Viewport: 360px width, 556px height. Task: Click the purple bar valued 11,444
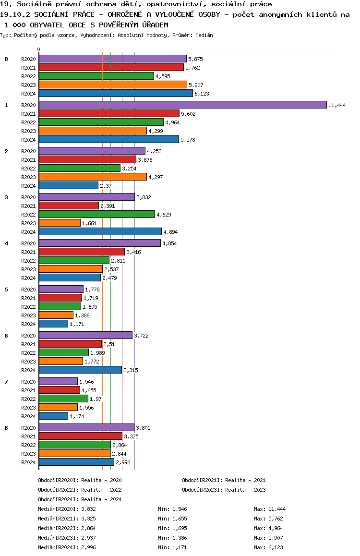pos(182,105)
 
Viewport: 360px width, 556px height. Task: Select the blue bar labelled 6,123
pos(116,93)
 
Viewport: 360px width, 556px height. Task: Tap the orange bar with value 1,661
pos(60,223)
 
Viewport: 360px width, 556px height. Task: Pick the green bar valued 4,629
pos(96,214)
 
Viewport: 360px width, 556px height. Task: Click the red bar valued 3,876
pos(87,159)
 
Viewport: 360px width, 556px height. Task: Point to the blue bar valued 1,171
pos(53,324)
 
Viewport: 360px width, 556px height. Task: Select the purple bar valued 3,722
pos(85,335)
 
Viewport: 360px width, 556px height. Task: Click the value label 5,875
pos(195,59)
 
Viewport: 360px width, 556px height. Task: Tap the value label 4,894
pos(170,232)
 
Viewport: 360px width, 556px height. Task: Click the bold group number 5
pos(6,290)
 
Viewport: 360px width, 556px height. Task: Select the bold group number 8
pos(6,428)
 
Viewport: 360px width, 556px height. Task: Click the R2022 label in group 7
pos(28,399)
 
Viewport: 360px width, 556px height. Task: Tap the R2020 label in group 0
pos(28,59)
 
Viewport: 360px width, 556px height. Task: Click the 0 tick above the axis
pos(39,50)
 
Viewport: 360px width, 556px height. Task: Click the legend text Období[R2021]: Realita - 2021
pos(224,480)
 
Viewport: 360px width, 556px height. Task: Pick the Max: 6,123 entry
pos(269,547)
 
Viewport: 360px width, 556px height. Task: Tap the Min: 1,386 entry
pos(172,538)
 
